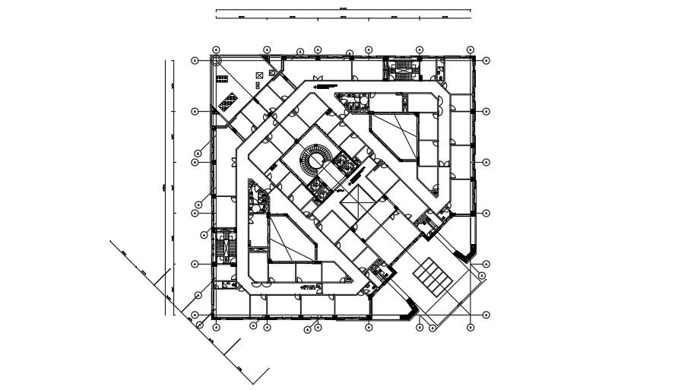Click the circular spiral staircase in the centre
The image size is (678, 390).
point(313,161)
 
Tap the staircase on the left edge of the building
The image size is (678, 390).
point(223,246)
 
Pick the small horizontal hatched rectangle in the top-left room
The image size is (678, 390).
point(224,78)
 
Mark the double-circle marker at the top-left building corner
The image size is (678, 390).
point(216,50)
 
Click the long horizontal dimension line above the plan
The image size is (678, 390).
point(343,11)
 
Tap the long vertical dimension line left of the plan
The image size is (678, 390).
point(166,186)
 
